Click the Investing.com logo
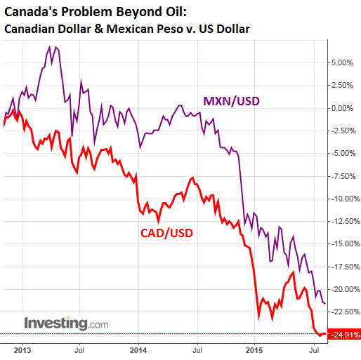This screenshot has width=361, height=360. click(x=67, y=324)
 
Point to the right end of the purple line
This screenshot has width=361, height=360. click(x=324, y=303)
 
